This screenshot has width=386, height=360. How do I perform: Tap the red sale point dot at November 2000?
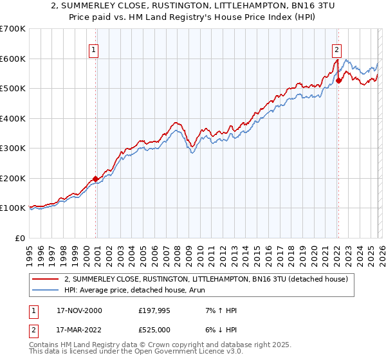tap(96, 179)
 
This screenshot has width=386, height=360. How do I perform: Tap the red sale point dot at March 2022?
tap(338, 81)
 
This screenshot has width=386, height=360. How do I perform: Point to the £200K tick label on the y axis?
tap(13, 178)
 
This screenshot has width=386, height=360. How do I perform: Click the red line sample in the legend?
tap(45, 279)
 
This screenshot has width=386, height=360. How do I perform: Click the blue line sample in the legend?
tap(45, 290)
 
